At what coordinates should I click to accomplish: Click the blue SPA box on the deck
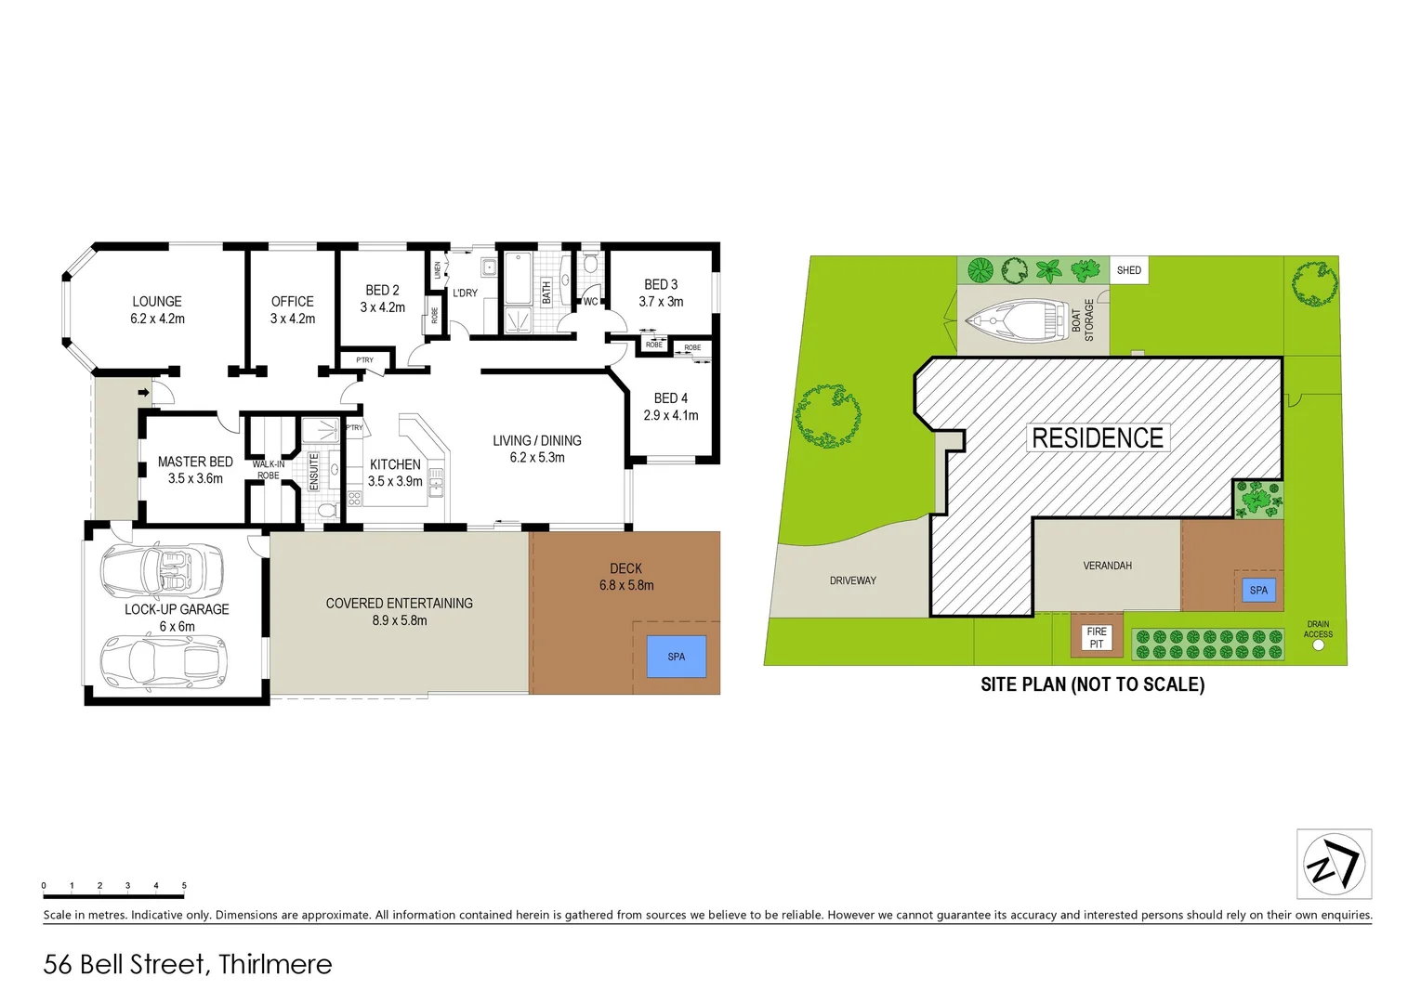[x=676, y=657]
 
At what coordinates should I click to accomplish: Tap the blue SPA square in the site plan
[x=1258, y=590]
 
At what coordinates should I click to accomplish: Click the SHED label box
[x=1128, y=270]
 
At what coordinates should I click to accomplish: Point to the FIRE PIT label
[x=1097, y=638]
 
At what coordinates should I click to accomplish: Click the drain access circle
[x=1318, y=645]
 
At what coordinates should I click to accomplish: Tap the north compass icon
[x=1334, y=865]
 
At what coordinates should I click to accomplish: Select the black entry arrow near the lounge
[x=143, y=393]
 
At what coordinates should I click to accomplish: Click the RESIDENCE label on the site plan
[x=1098, y=438]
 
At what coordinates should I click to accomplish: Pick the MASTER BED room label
[x=195, y=462]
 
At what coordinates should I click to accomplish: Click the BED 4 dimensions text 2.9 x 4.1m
[x=671, y=415]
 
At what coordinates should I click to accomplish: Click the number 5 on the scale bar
[x=184, y=886]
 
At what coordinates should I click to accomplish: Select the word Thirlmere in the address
[x=275, y=965]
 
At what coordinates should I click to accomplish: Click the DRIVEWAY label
[x=852, y=580]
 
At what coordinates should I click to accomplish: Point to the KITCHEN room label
[x=395, y=464]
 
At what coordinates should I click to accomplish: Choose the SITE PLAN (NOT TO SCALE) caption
[x=1092, y=684]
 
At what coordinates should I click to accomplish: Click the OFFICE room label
[x=293, y=302]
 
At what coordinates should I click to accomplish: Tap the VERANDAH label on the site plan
[x=1107, y=566]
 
